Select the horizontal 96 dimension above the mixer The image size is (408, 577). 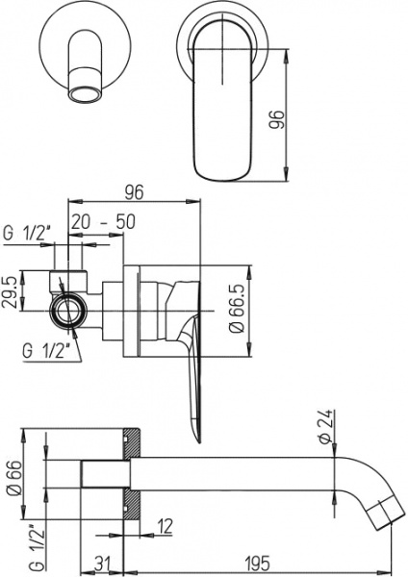point(133,192)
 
